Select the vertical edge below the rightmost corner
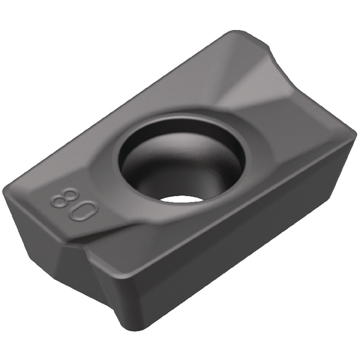(x=350, y=180)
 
